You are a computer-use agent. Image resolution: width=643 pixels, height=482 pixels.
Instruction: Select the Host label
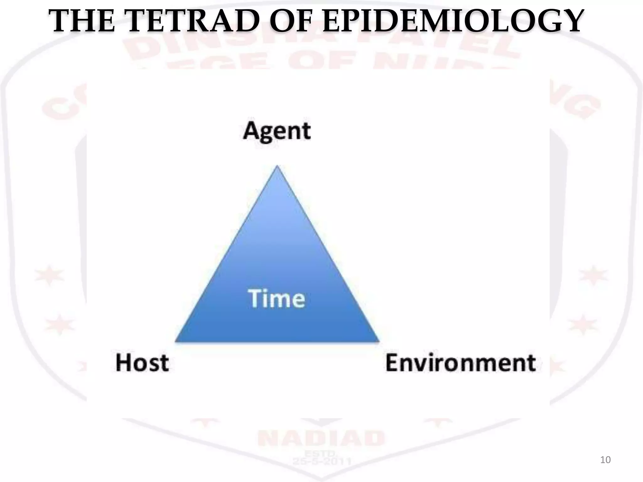pos(142,363)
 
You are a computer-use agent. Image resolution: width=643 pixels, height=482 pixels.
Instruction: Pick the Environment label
pos(461,363)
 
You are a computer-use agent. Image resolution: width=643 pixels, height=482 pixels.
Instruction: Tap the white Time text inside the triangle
pos(277,298)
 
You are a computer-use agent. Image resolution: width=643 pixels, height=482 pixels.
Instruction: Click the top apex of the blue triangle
pos(277,167)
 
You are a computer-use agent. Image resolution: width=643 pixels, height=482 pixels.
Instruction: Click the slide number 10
pos(605,460)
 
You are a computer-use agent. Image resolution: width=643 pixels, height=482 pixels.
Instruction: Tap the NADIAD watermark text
pos(321,438)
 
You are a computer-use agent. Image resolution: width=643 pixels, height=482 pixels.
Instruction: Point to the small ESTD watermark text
pos(321,453)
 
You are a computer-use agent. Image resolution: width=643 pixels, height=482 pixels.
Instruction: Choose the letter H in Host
pos(123,363)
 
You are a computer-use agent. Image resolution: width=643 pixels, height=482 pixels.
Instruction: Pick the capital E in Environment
pos(392,363)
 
